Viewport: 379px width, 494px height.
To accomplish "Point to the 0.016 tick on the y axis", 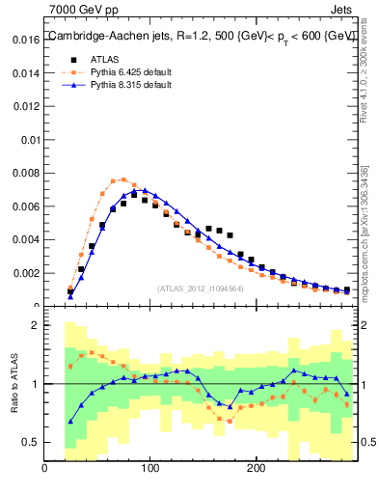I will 24,41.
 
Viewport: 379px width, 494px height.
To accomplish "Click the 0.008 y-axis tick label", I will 24,174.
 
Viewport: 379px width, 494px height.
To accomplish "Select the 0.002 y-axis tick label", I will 24,273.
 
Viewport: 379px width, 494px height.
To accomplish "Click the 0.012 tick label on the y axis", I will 24,107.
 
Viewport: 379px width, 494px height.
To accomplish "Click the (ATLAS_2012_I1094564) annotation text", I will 200,288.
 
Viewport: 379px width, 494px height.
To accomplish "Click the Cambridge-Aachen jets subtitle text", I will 202,36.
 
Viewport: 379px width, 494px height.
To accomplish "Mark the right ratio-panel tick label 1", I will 364,384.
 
